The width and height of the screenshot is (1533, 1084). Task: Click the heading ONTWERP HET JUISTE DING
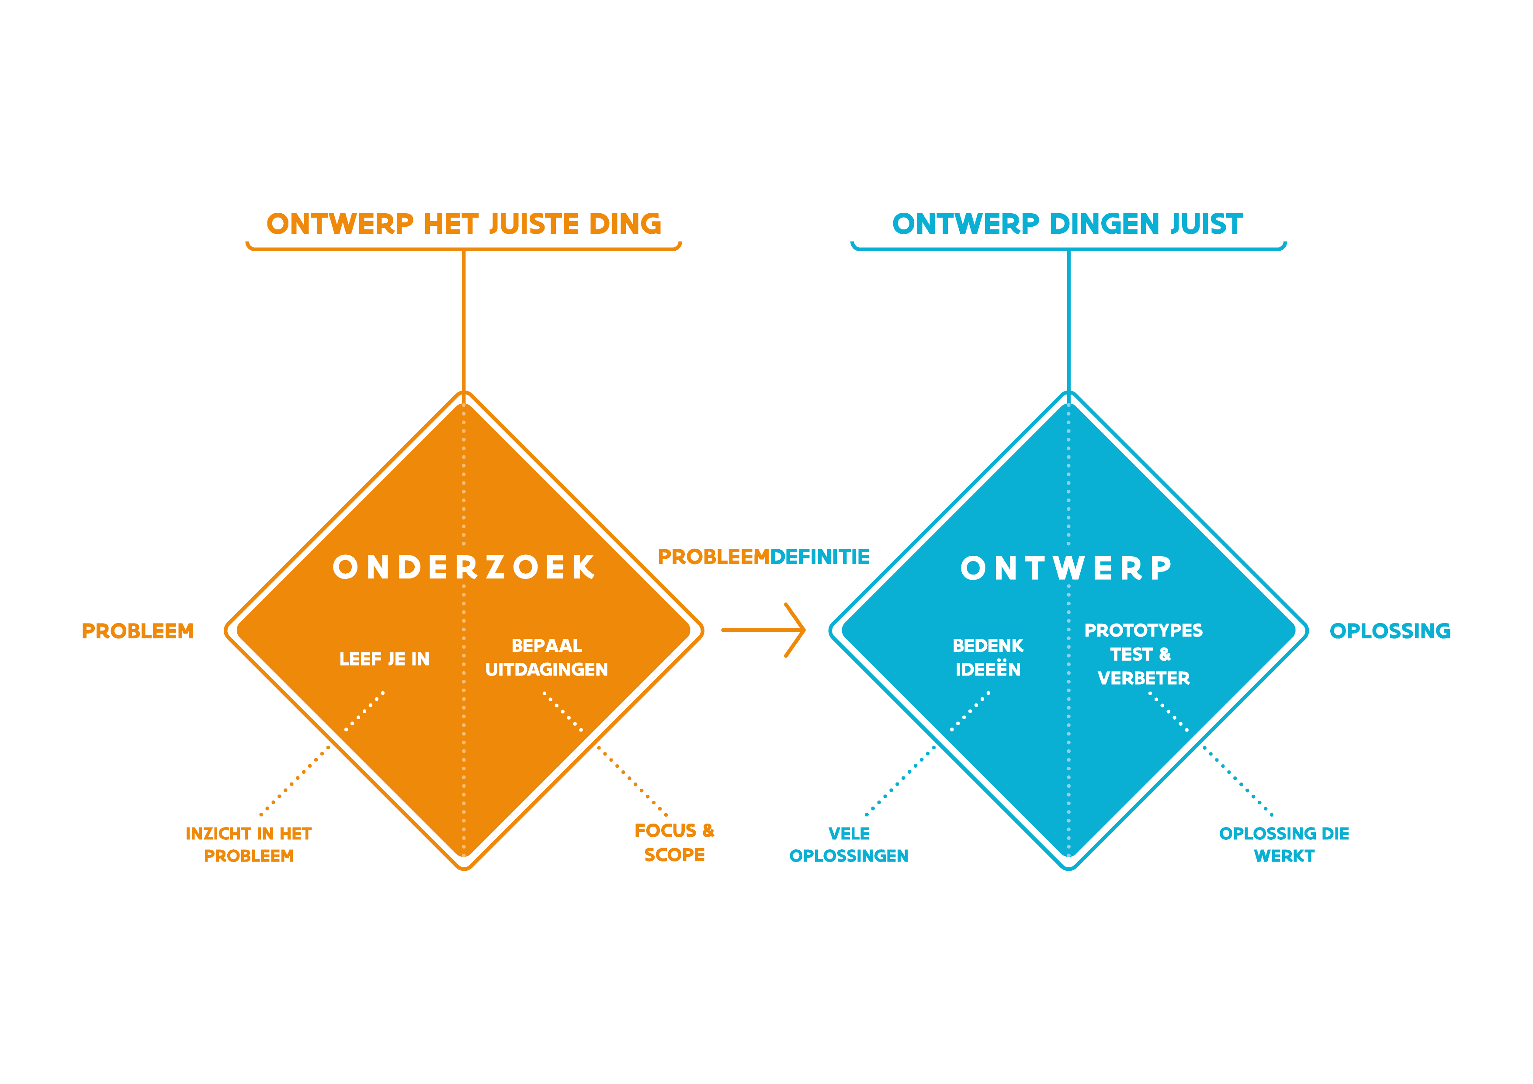click(464, 224)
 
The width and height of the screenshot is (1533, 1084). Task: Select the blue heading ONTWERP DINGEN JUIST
click(1068, 224)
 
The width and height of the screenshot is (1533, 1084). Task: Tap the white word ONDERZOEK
click(464, 568)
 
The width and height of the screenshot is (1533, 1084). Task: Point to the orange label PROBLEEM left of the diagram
click(138, 631)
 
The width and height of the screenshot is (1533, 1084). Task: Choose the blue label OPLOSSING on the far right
click(1390, 631)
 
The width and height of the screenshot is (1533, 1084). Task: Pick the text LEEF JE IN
click(384, 659)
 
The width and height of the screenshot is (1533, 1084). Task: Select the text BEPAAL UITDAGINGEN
click(546, 658)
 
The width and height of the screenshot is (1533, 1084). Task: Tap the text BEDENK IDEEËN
click(988, 658)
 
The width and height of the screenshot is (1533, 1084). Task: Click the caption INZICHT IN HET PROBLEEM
click(248, 845)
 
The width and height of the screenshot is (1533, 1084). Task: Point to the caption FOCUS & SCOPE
click(674, 842)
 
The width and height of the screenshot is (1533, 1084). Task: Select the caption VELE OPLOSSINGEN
click(849, 845)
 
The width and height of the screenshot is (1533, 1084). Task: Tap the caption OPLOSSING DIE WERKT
click(1284, 845)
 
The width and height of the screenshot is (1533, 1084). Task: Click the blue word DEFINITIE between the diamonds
click(820, 557)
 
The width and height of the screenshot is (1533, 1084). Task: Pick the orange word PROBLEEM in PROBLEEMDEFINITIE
click(714, 557)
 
